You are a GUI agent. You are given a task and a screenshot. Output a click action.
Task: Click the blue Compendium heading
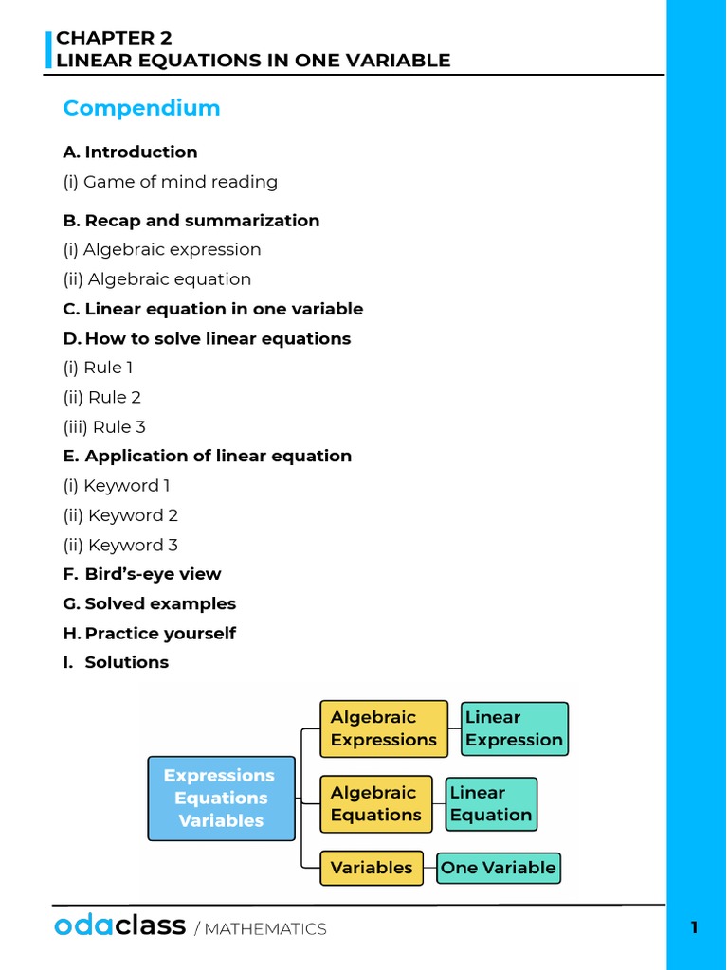click(141, 108)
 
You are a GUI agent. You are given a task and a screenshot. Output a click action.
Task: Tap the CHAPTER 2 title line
click(106, 38)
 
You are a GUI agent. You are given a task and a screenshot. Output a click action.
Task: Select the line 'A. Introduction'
click(130, 152)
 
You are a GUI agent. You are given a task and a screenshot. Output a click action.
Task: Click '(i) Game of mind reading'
click(171, 182)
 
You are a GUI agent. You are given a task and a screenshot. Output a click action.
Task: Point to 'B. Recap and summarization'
click(191, 221)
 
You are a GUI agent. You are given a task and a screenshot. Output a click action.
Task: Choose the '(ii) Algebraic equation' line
click(157, 279)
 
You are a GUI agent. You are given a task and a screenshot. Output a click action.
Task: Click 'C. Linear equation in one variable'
click(213, 309)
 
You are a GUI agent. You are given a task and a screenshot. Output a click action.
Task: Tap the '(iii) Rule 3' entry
click(104, 427)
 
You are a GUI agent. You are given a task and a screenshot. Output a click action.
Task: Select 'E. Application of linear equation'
click(208, 456)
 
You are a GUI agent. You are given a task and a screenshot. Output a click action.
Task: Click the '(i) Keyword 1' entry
click(118, 486)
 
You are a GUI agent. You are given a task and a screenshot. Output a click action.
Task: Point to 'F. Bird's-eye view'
click(142, 574)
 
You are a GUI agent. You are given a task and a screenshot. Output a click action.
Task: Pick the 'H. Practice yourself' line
click(150, 633)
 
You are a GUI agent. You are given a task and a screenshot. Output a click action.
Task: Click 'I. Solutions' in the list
click(117, 662)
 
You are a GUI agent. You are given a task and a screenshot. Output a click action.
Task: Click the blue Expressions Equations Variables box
click(221, 798)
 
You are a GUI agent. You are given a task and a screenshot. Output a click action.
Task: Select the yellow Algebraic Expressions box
click(383, 728)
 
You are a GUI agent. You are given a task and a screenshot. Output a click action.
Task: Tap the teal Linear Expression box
click(514, 728)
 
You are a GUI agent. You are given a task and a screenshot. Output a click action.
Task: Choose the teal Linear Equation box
click(490, 803)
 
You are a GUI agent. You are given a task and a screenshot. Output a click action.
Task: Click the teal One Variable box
click(498, 868)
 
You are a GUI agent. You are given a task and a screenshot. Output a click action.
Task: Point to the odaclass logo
click(119, 926)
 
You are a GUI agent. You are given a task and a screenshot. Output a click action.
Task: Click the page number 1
click(694, 927)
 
